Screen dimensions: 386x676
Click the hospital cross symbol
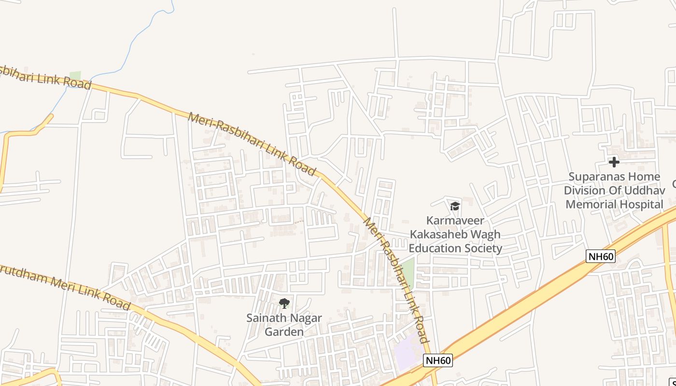pyautogui.click(x=614, y=162)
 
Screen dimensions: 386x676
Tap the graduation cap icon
pyautogui.click(x=455, y=207)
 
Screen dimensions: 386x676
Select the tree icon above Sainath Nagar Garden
pyautogui.click(x=284, y=303)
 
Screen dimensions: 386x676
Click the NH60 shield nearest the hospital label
pyautogui.click(x=601, y=256)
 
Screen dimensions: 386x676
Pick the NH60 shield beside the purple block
pyautogui.click(x=438, y=360)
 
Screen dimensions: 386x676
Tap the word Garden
pyautogui.click(x=284, y=332)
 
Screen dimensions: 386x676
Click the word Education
pyautogui.click(x=439, y=248)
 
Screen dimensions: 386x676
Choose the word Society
pyautogui.click(x=486, y=248)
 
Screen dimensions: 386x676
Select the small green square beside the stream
pyautogui.click(x=75, y=76)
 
